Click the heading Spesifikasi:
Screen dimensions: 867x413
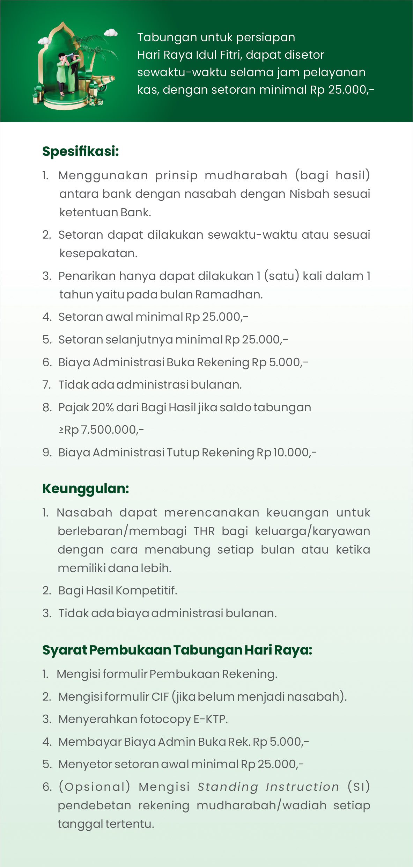tap(81, 151)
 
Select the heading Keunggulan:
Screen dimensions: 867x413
tap(86, 488)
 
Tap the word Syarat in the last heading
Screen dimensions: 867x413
tap(64, 650)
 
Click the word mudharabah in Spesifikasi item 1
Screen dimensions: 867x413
tap(246, 175)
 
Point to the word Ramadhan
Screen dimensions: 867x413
tap(228, 295)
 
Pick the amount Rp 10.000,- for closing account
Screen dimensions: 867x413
tap(286, 452)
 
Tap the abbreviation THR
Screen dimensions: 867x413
tap(204, 531)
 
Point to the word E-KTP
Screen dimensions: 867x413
tap(210, 719)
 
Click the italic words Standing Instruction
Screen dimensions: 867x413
tap(268, 787)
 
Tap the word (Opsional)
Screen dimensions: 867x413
tap(94, 787)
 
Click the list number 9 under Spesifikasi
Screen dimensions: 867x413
tap(47, 452)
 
